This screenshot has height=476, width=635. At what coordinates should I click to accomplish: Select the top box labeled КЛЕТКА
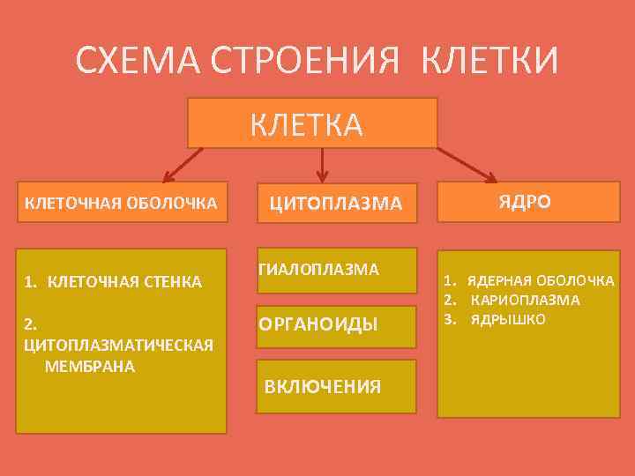(x=312, y=123)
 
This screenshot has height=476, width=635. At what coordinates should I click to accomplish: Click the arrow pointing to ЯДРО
(x=467, y=163)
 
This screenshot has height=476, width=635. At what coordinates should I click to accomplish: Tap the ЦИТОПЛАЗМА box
(x=336, y=204)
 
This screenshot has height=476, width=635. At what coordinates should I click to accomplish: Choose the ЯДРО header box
(x=526, y=201)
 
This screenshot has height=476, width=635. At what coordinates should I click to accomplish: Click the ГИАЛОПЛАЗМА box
(x=336, y=268)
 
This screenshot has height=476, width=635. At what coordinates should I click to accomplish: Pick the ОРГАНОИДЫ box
(x=336, y=327)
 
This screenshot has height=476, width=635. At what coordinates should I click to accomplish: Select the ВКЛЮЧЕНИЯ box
(x=336, y=386)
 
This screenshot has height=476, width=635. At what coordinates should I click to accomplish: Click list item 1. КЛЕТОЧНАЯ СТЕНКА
(x=114, y=282)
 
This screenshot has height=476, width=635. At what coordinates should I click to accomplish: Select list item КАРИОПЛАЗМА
(x=526, y=300)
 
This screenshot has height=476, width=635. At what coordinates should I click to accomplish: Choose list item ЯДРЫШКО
(x=508, y=318)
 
